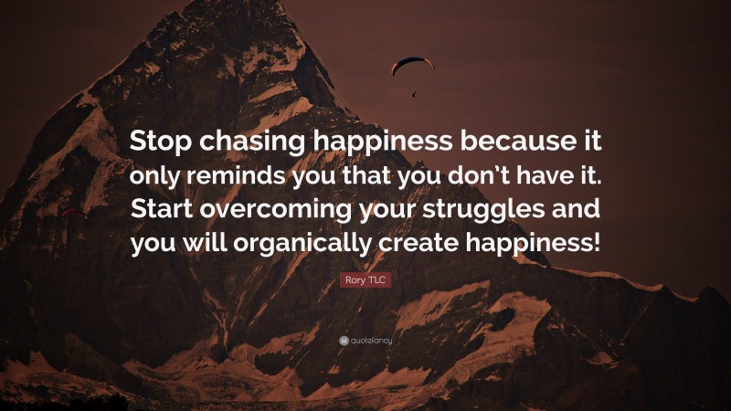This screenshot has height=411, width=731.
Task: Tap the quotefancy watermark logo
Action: pyautogui.click(x=365, y=341)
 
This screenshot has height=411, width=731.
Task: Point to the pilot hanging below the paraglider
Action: pyautogui.click(x=413, y=92)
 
